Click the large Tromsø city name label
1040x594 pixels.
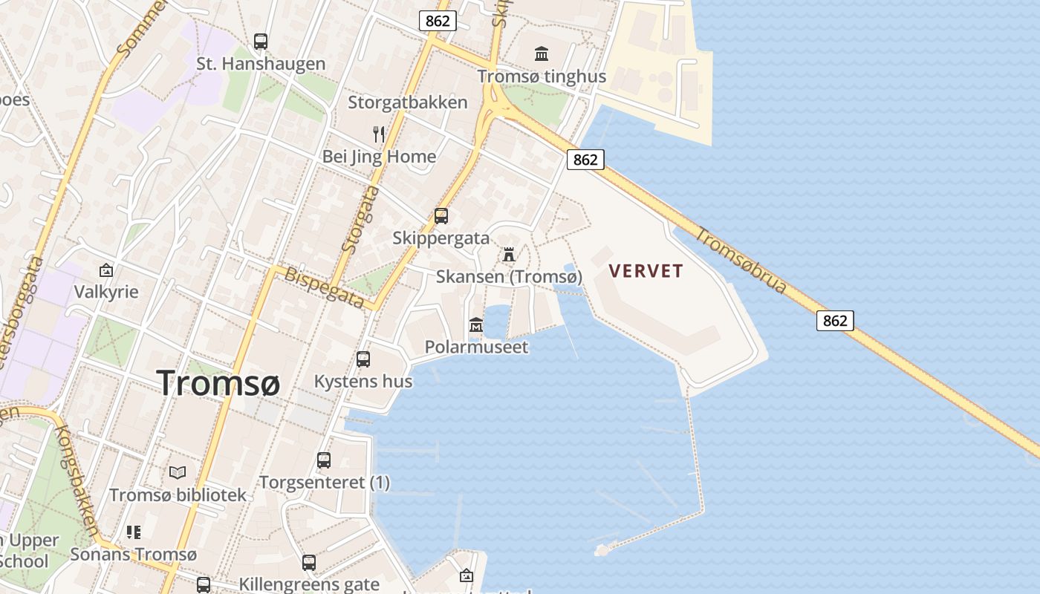(219, 383)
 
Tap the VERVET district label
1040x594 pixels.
(646, 271)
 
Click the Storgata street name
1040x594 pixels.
(360, 219)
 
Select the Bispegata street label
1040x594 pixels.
(324, 287)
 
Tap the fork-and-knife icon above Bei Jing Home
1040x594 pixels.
(379, 134)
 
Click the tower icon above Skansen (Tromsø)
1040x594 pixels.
(509, 255)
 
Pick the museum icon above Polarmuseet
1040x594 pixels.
(476, 325)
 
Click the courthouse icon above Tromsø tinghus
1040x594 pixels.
(542, 53)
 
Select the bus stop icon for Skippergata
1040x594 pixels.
(441, 216)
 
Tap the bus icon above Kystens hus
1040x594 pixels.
(363, 359)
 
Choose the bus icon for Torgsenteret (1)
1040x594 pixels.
(324, 460)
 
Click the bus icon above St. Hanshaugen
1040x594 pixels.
(261, 42)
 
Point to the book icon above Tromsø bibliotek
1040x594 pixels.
(178, 472)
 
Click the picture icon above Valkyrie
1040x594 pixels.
(106, 270)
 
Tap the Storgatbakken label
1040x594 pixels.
(408, 102)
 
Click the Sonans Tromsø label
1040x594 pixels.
(134, 555)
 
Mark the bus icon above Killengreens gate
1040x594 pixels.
(309, 563)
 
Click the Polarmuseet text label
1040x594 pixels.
(476, 347)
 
